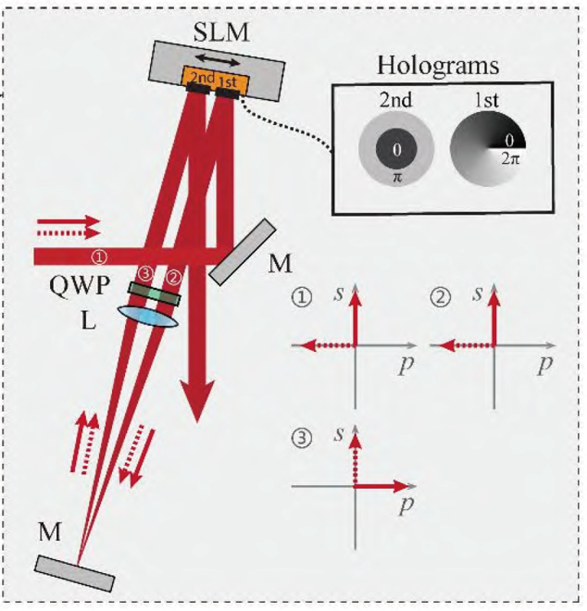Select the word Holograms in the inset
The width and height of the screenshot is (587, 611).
click(x=439, y=67)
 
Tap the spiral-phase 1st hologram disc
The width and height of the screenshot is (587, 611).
click(x=487, y=149)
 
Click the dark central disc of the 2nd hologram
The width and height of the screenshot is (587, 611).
click(x=395, y=149)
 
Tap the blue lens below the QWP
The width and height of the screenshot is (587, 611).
click(x=148, y=315)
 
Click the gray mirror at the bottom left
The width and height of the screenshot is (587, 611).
click(x=75, y=571)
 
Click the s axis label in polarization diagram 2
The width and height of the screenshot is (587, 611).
click(x=477, y=294)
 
